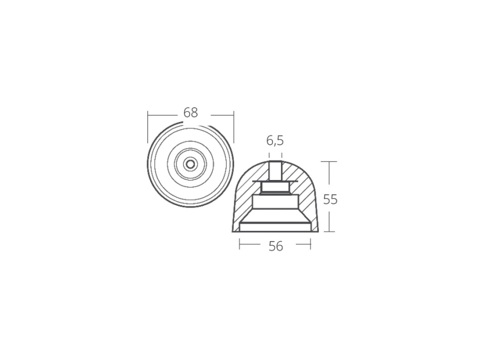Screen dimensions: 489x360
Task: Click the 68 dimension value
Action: (x=190, y=113)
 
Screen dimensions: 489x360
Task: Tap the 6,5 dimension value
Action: (x=275, y=141)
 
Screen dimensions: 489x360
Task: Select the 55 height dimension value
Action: (x=330, y=200)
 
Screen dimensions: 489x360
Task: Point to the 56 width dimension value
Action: (x=276, y=246)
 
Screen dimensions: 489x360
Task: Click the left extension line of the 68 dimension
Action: (x=148, y=127)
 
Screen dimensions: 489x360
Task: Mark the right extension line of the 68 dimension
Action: (x=234, y=127)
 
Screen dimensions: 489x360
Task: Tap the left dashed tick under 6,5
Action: (x=269, y=155)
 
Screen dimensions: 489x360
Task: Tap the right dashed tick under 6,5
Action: (x=282, y=155)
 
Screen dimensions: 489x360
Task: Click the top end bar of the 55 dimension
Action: (x=329, y=161)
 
